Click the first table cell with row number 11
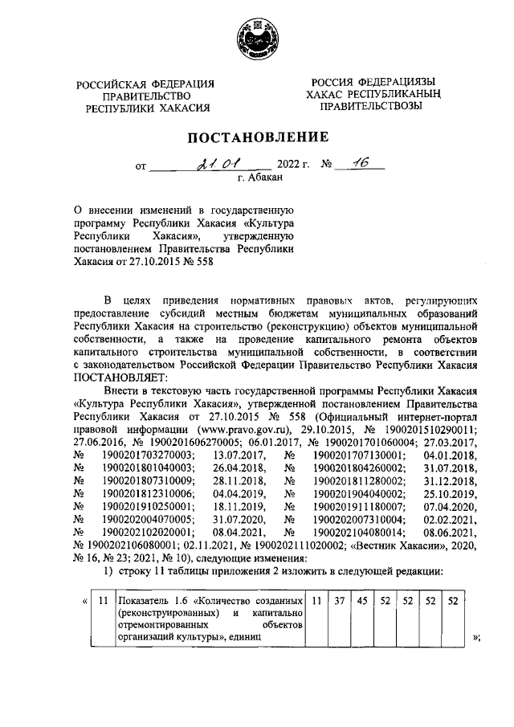[x=102, y=599]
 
